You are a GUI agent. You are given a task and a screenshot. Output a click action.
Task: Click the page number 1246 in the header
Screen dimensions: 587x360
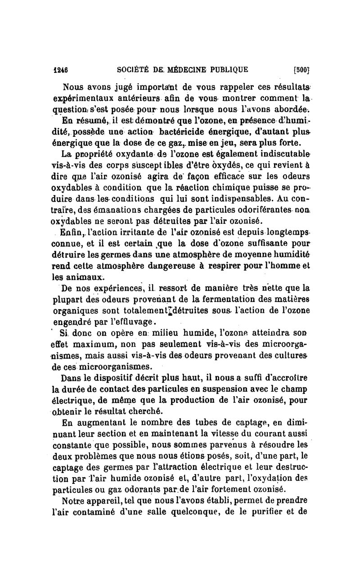point(60,70)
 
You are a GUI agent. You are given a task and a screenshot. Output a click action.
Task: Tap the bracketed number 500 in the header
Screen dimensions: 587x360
point(300,70)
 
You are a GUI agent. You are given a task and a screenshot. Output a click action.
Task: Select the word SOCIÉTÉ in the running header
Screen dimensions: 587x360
point(132,70)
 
